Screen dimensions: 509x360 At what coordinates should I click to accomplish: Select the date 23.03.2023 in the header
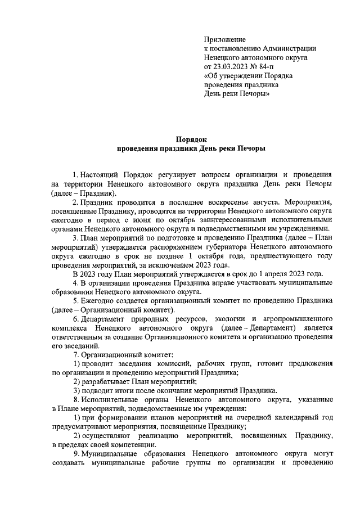click(233, 66)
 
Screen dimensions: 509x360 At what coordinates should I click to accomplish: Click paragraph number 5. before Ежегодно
click(77, 300)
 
